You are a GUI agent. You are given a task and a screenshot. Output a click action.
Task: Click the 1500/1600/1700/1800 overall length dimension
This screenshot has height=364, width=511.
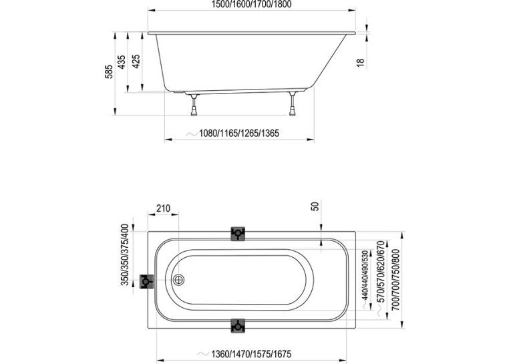point(251,4)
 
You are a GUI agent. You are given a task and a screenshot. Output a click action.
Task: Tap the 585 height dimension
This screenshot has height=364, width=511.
point(109,71)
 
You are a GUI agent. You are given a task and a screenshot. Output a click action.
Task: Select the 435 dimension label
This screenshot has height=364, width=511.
point(121,61)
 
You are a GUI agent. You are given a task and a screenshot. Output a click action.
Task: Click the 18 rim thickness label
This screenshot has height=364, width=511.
point(360,62)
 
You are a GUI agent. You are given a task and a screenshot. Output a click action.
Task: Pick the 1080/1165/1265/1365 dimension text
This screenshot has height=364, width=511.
point(239,134)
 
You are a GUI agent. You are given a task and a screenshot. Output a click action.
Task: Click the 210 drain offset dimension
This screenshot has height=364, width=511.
point(163,208)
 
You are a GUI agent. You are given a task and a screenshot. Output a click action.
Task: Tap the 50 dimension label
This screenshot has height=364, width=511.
point(315,206)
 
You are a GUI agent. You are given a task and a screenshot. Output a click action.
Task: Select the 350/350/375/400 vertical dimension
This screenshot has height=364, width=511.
point(125,255)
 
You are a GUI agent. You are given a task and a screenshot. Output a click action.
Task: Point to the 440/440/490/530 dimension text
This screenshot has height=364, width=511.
point(365,275)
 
